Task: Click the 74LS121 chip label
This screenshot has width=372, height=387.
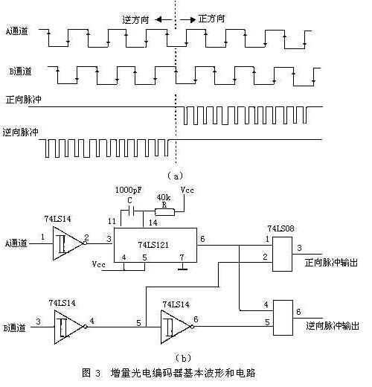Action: click(153, 245)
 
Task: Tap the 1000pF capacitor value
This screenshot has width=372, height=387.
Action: click(129, 190)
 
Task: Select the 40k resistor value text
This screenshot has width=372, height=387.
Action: click(164, 197)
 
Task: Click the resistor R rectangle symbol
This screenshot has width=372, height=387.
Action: click(164, 212)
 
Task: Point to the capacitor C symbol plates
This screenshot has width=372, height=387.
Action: click(132, 211)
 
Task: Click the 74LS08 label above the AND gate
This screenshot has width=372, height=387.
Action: click(280, 228)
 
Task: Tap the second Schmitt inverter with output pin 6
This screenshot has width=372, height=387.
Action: click(177, 327)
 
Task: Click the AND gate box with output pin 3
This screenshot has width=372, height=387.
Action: click(282, 254)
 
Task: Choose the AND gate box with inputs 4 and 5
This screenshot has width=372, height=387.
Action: click(283, 318)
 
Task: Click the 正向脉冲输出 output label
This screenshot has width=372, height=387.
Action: click(331, 263)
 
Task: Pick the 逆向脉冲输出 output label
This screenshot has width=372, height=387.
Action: click(333, 325)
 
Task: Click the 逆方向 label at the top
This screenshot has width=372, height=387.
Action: click(135, 19)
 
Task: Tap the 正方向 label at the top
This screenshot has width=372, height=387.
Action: click(211, 19)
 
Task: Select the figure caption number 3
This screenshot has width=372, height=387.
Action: click(97, 374)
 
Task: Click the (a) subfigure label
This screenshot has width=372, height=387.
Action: click(176, 176)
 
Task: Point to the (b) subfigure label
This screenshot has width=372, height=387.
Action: click(183, 358)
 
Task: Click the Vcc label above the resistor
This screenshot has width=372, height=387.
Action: click(187, 190)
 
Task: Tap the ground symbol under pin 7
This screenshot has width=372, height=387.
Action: click(183, 267)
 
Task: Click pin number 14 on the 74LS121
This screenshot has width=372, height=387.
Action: click(153, 223)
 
